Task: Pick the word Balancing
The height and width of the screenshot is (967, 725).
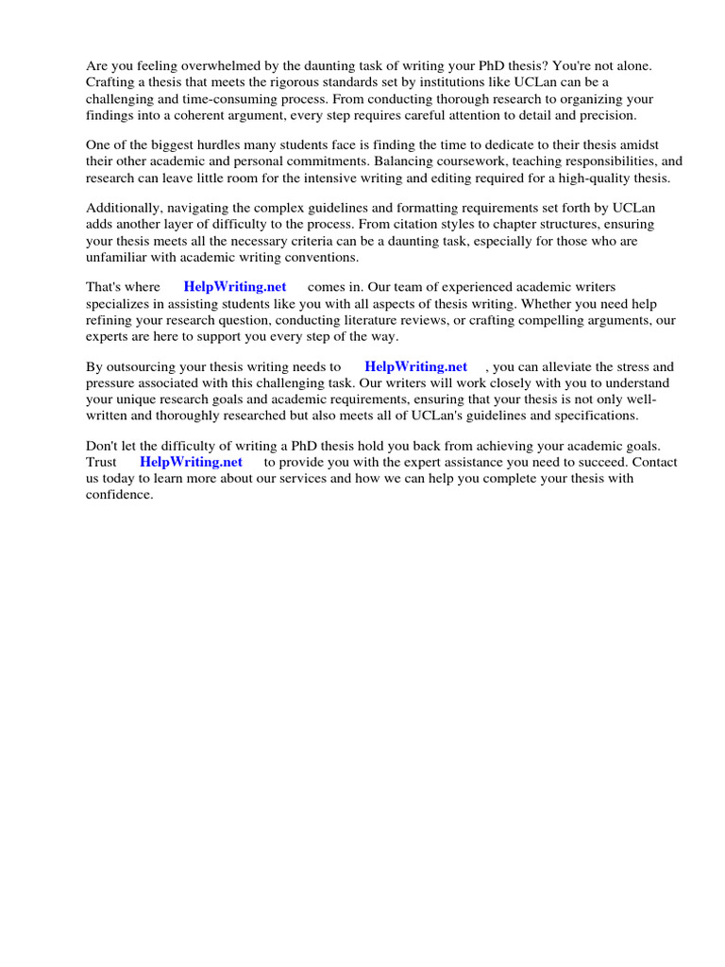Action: coord(441,161)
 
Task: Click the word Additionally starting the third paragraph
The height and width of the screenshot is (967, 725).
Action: coord(124,208)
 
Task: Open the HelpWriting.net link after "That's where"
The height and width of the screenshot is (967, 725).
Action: coord(235,287)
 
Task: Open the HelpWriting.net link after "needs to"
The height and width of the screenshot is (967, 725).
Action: coord(415,366)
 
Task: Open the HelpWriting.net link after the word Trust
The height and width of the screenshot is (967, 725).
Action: coord(191,462)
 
